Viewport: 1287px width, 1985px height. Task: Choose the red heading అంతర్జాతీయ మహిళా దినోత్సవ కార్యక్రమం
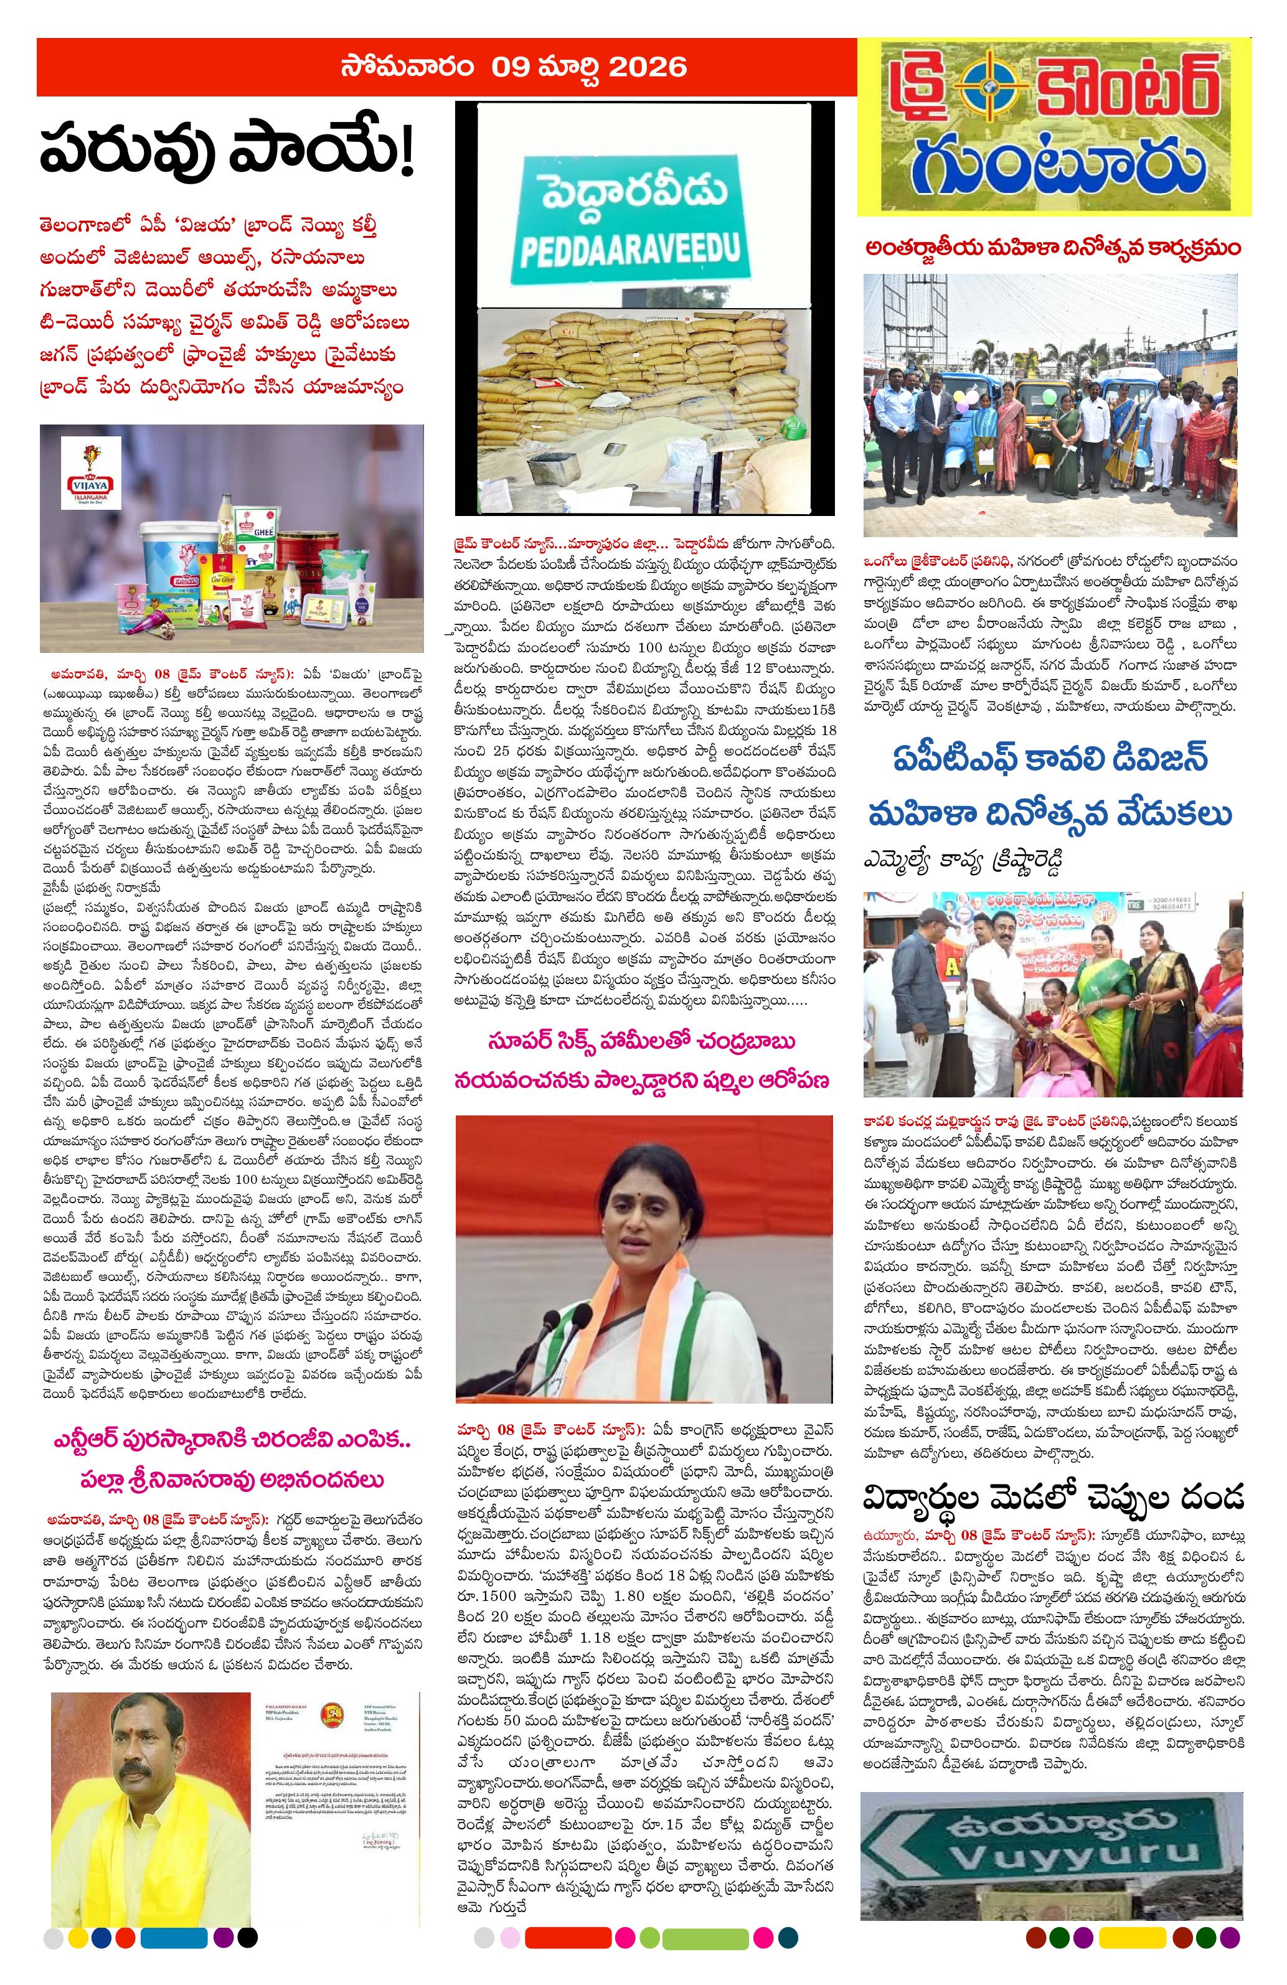pyautogui.click(x=1053, y=248)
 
